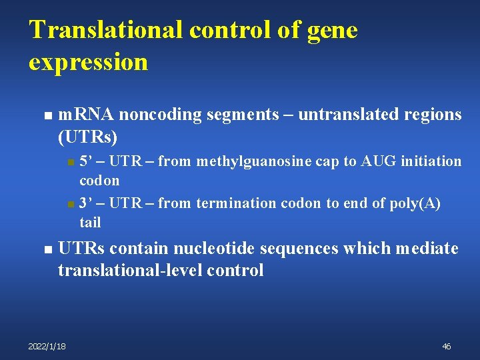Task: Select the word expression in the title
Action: [x=88, y=62]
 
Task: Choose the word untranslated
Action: [x=342, y=115]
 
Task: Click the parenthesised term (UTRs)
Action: [x=87, y=137]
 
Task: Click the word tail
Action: [x=90, y=222]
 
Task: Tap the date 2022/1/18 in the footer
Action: [x=47, y=346]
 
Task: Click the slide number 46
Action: [x=446, y=346]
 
